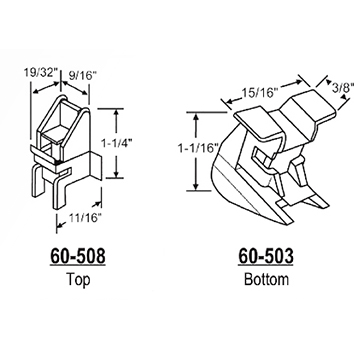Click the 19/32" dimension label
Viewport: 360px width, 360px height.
click(x=37, y=73)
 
